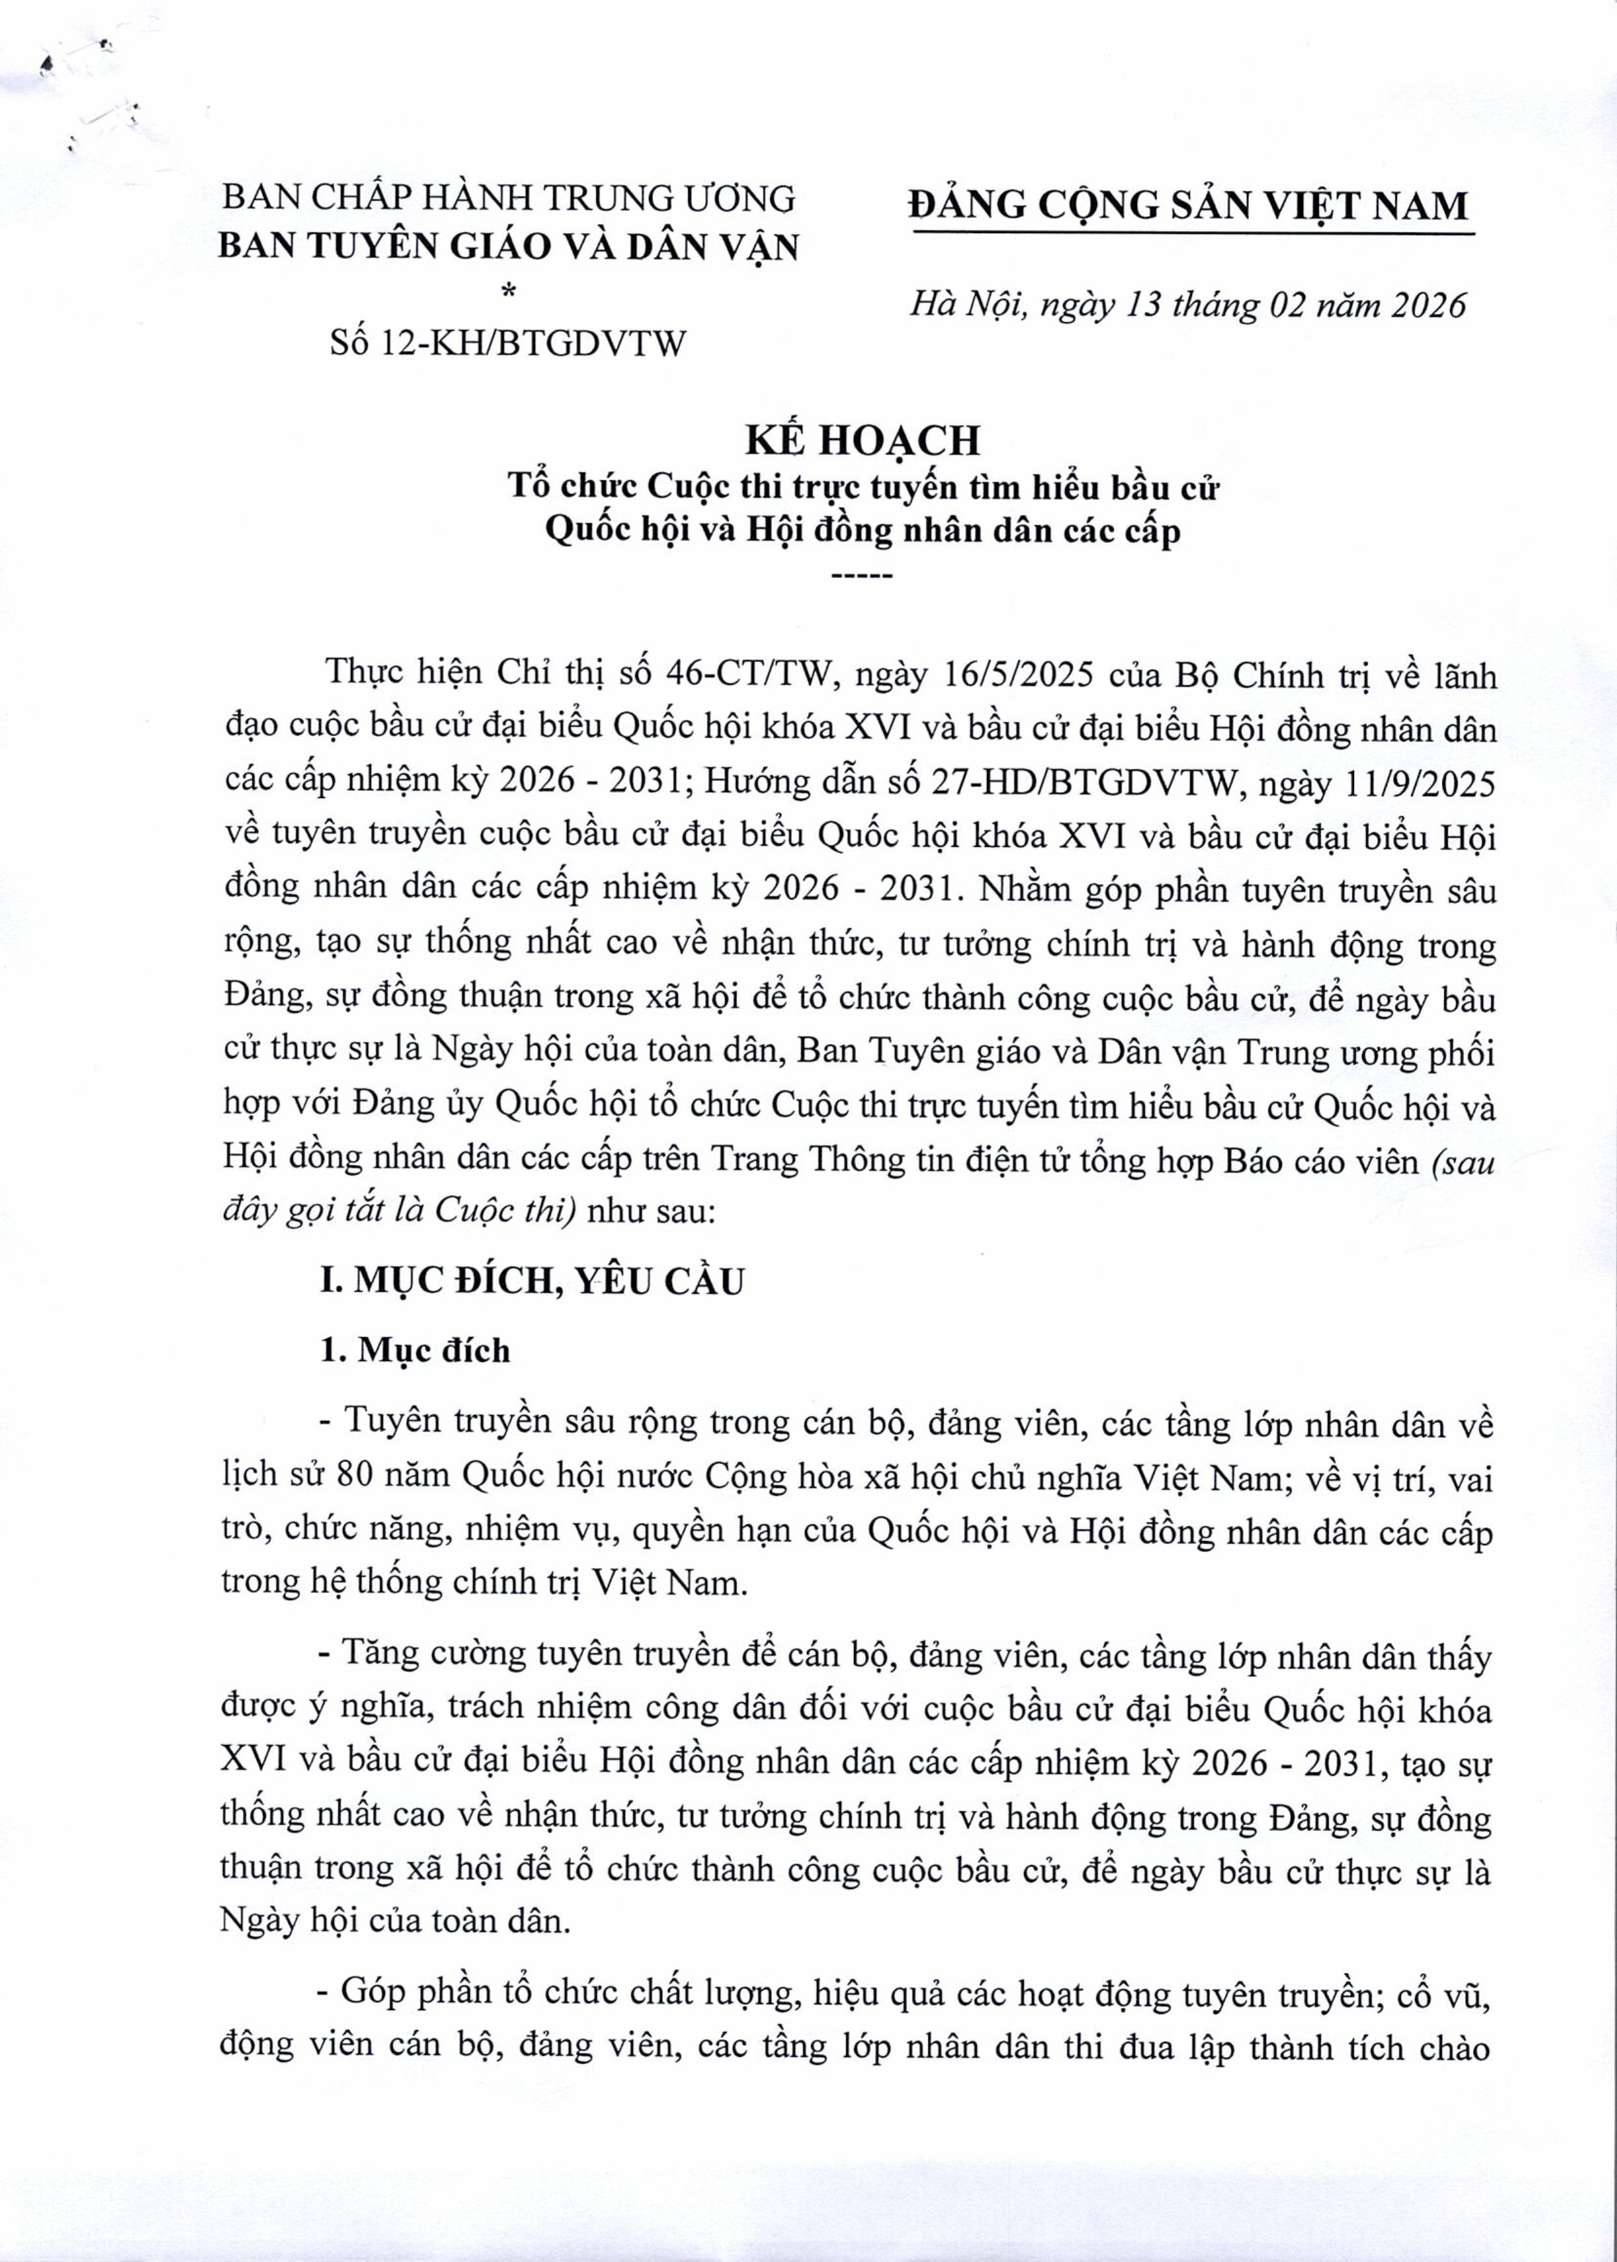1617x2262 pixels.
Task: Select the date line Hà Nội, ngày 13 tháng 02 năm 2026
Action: pos(1188,303)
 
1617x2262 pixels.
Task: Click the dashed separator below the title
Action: pos(863,575)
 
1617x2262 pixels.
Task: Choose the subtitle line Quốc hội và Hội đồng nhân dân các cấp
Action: pos(863,530)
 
